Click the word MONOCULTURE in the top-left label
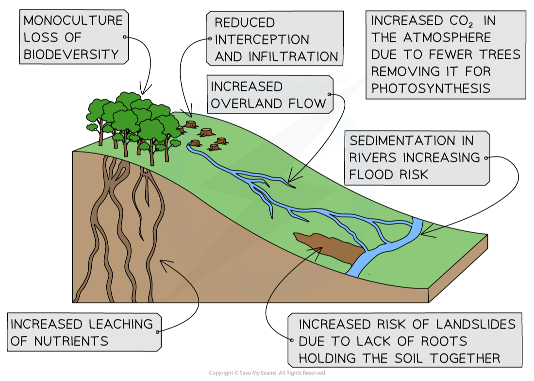[x=73, y=20]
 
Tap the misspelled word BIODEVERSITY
[x=71, y=54]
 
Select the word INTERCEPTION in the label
[x=262, y=39]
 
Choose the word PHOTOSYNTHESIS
[x=431, y=88]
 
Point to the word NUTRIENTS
[x=71, y=341]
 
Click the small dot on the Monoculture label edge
[x=125, y=37]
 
